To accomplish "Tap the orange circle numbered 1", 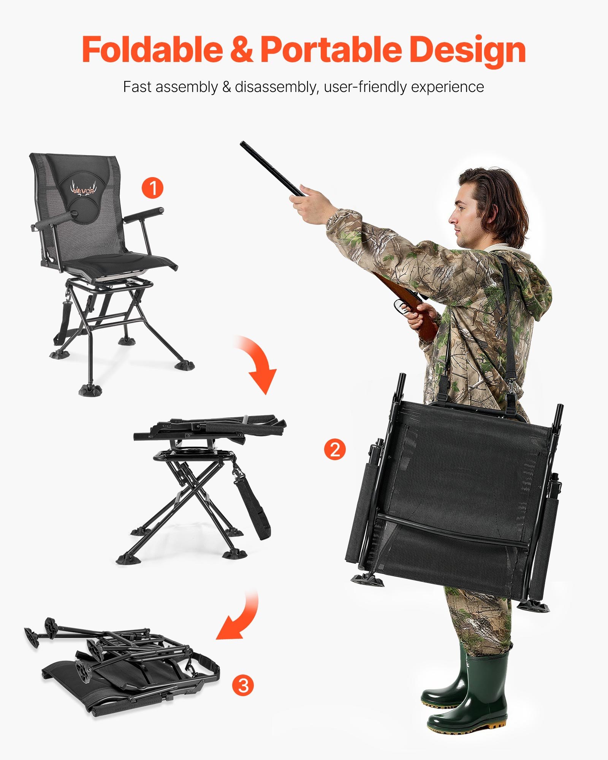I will [x=152, y=188].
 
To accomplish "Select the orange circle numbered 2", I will [x=335, y=450].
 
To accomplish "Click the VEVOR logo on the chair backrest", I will [x=83, y=190].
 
